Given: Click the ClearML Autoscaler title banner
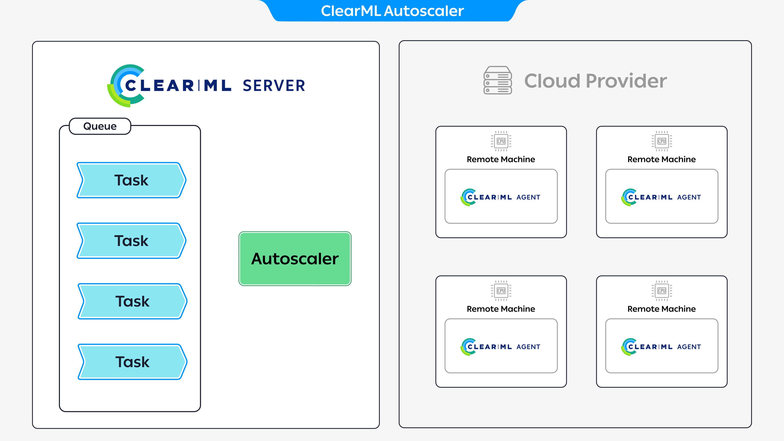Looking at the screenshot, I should pyautogui.click(x=392, y=11).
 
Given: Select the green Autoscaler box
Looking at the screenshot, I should pyautogui.click(x=295, y=259).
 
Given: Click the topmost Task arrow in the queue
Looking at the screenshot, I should pyautogui.click(x=131, y=180).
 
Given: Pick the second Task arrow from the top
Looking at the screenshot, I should pyautogui.click(x=131, y=241).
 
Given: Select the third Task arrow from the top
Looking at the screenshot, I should pyautogui.click(x=132, y=301).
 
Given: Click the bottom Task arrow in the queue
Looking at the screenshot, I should pyautogui.click(x=132, y=362).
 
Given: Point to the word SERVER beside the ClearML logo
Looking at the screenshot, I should pyautogui.click(x=274, y=86).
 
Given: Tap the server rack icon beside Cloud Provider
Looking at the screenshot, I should pyautogui.click(x=498, y=80).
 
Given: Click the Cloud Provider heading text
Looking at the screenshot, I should pyautogui.click(x=595, y=81).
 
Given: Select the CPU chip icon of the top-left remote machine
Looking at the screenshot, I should pyautogui.click(x=501, y=141).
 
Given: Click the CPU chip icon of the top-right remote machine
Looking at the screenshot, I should pyautogui.click(x=662, y=141).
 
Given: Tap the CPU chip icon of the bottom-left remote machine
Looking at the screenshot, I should pyautogui.click(x=501, y=291).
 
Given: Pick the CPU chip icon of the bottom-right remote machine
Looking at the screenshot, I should pyautogui.click(x=662, y=291).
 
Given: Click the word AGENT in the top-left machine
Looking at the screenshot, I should pyautogui.click(x=528, y=197).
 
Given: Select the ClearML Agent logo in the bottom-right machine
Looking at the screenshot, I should pyautogui.click(x=661, y=347).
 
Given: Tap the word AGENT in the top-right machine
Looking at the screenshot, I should pyautogui.click(x=689, y=197).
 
